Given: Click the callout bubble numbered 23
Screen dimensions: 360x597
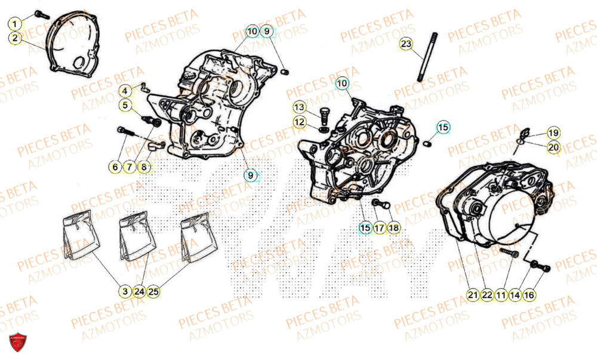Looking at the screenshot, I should (x=406, y=45).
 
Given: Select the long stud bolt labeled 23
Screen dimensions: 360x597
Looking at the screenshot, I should (x=424, y=56).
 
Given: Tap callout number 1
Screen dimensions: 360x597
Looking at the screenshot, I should (x=16, y=24).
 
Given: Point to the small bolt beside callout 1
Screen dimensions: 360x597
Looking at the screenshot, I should (x=40, y=14).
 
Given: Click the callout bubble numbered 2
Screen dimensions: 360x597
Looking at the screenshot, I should (x=16, y=38).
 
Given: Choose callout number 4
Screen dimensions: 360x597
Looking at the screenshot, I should (x=125, y=91).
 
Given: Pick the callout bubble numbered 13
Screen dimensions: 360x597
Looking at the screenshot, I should (x=299, y=107).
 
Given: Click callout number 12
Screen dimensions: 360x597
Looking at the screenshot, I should (x=299, y=122).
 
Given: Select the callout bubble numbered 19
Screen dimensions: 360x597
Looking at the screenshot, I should (x=553, y=133).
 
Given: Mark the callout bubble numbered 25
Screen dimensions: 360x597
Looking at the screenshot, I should (x=153, y=292).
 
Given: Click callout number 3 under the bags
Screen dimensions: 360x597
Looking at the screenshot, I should (x=124, y=292).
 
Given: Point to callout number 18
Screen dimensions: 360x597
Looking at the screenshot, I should (x=393, y=227).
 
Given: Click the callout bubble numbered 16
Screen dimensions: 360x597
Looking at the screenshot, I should (x=530, y=294).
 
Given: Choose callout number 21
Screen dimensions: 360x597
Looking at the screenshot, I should (x=472, y=294).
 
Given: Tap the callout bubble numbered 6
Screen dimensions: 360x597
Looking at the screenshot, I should (x=115, y=168).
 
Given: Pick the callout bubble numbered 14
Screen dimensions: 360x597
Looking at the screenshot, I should (x=515, y=294).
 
